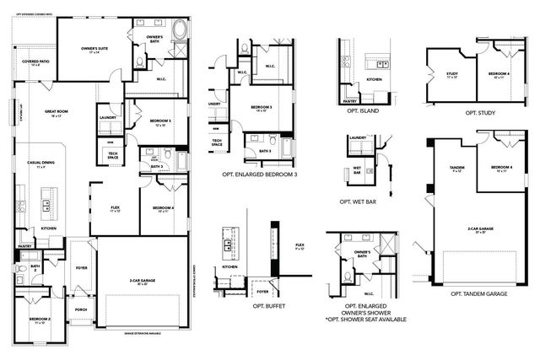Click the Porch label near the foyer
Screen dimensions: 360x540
click(x=81, y=309)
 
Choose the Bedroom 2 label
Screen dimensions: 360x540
click(x=40, y=320)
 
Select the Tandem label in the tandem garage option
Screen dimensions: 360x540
click(x=457, y=167)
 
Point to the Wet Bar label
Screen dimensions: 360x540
click(x=356, y=169)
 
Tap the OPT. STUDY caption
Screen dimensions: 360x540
click(x=480, y=112)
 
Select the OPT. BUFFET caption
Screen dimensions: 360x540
click(x=246, y=306)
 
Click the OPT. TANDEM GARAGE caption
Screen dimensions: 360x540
click(x=479, y=293)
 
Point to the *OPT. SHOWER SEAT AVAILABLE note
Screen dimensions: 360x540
click(x=367, y=320)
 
